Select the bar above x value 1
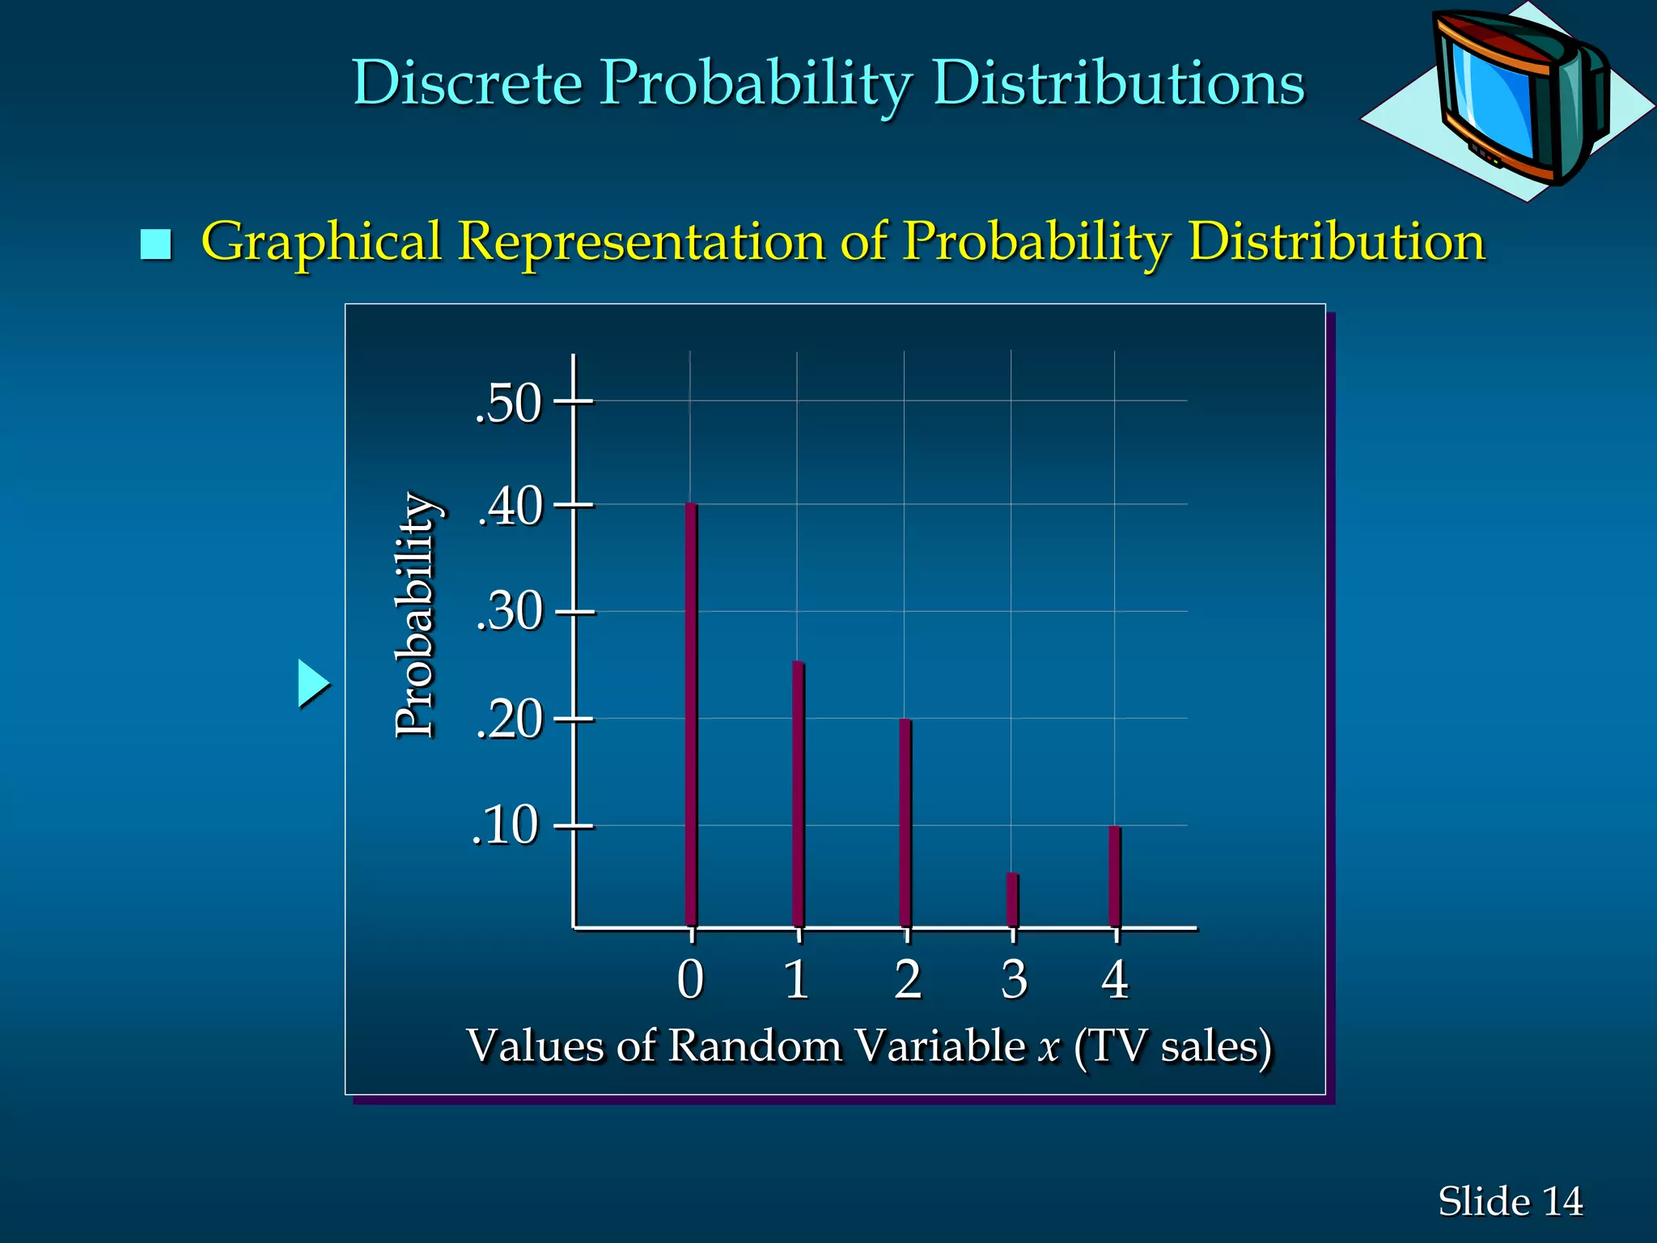[x=798, y=794]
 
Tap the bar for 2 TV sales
[x=905, y=822]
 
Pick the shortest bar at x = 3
[x=1012, y=900]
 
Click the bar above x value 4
[x=1114, y=876]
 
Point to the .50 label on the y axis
[x=507, y=403]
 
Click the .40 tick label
[x=510, y=507]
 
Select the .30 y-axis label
[x=509, y=612]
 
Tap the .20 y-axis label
[x=509, y=719]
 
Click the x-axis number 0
[x=690, y=980]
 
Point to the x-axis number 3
[x=1014, y=980]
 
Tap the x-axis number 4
[x=1115, y=980]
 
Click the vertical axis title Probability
[x=416, y=615]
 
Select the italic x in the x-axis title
[x=1049, y=1046]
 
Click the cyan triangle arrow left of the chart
[x=312, y=684]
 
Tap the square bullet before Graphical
[x=155, y=244]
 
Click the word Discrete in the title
[x=467, y=83]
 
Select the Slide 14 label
[x=1510, y=1201]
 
